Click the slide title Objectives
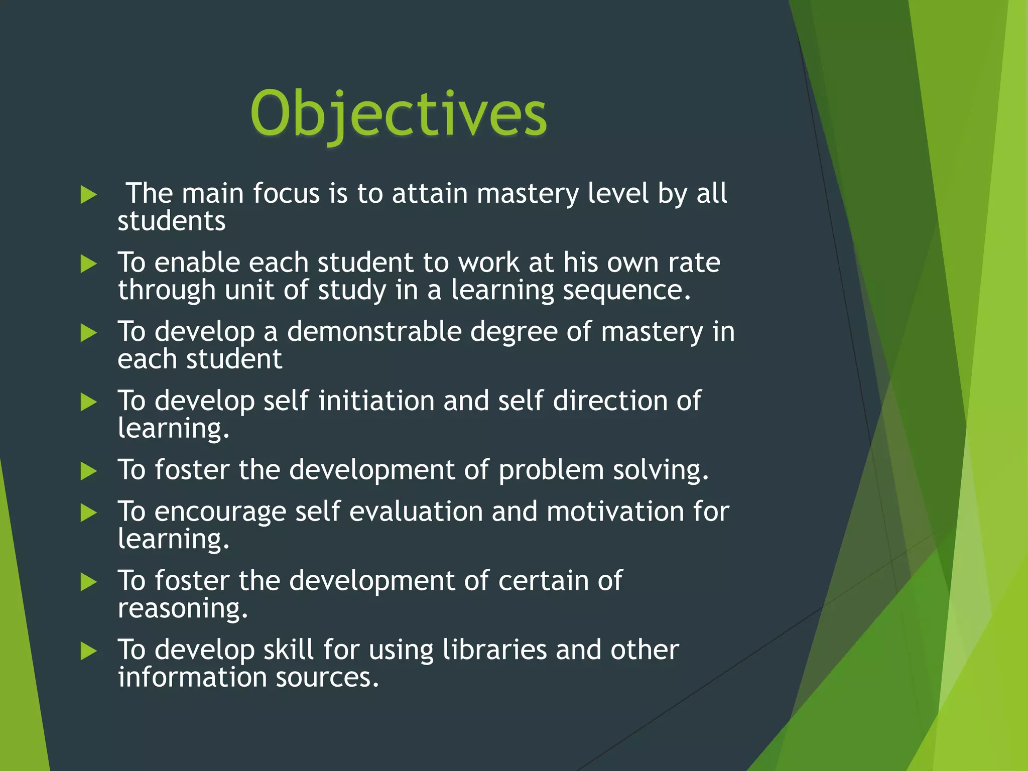398,114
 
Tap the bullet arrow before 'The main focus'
88,195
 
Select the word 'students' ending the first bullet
172,221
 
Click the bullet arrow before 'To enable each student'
88,264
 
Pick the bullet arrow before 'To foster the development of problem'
88,471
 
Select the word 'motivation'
615,511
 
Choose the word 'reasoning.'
183,608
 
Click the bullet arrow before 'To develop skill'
88,651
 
